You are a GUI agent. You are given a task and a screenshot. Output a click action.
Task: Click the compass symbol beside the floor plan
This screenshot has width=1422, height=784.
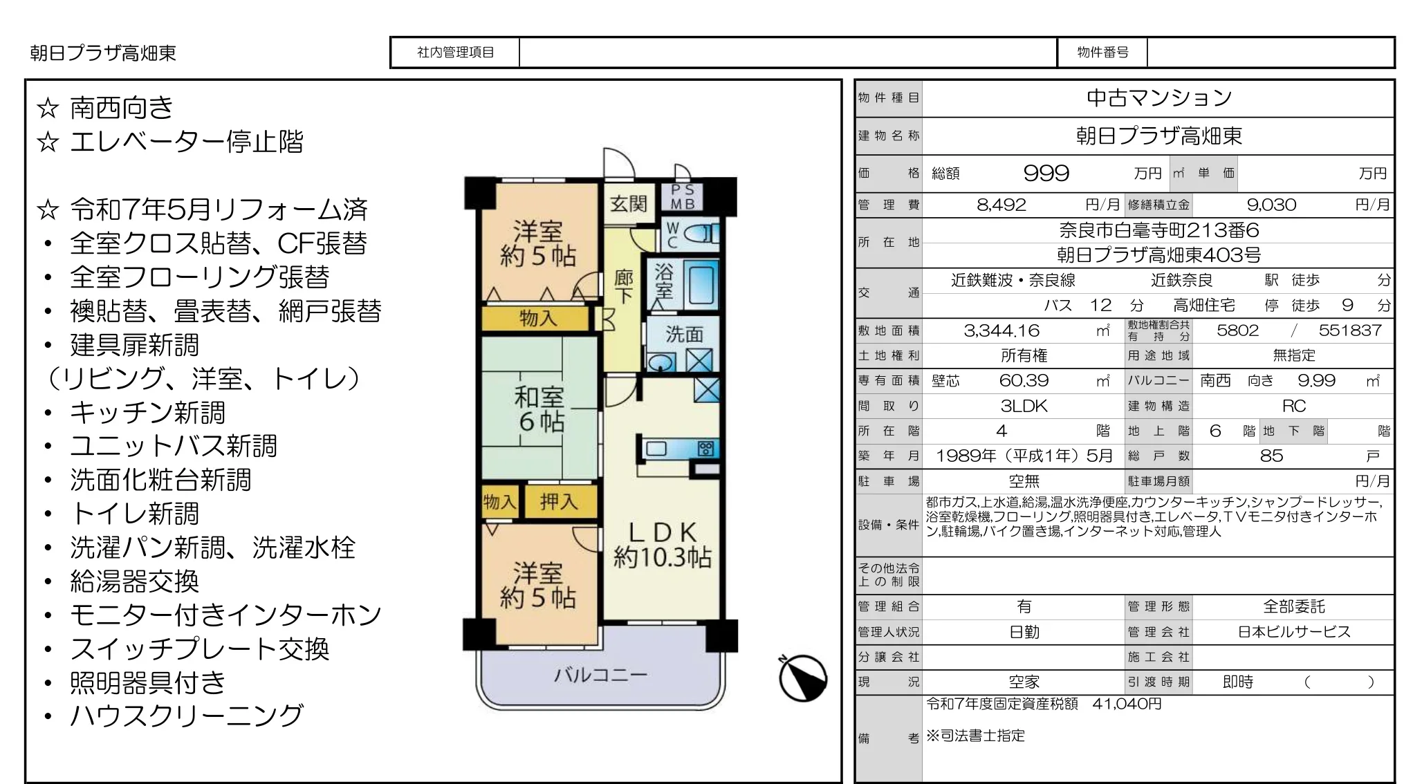803,678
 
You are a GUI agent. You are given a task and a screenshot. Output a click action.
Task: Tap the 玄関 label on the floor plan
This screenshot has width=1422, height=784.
629,203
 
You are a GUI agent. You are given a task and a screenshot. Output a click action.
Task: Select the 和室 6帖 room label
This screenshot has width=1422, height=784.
539,409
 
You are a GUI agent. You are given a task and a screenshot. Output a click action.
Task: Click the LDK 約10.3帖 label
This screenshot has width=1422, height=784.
662,544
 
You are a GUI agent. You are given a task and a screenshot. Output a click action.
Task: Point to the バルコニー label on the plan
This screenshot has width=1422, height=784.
600,675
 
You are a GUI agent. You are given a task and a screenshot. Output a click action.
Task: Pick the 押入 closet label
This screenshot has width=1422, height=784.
559,501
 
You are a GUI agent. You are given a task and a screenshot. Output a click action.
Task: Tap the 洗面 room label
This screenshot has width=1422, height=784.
684,335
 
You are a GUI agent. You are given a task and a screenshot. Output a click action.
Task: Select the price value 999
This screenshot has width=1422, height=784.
1046,173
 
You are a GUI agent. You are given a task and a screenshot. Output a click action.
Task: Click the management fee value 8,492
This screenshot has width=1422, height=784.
1001,205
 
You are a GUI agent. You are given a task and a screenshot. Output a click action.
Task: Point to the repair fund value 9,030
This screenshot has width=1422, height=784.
1271,205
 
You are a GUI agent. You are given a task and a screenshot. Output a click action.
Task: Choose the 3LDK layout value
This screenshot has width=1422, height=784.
1024,406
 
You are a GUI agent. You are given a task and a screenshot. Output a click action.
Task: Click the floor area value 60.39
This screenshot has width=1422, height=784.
1024,380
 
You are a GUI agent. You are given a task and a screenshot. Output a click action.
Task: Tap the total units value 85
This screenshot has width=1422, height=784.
1271,456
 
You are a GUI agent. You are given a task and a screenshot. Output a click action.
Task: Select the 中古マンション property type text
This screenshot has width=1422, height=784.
1159,98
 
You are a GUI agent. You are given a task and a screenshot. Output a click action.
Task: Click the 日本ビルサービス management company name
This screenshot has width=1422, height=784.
1294,632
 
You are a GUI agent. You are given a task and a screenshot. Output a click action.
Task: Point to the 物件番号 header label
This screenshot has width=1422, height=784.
1102,53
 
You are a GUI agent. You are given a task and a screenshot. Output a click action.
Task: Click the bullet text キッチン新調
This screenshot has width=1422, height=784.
148,413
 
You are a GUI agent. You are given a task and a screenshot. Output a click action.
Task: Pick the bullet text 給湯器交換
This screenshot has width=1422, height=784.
135,581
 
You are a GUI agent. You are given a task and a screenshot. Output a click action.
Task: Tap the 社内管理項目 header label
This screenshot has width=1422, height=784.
455,53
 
